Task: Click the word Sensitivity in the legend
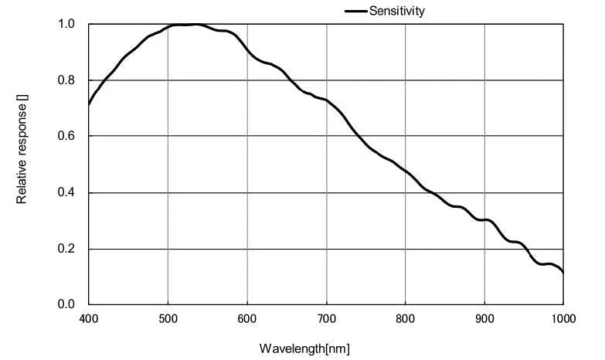(x=397, y=11)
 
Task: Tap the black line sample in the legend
(x=355, y=11)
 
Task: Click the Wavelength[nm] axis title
(x=304, y=348)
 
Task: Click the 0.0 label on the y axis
(x=66, y=304)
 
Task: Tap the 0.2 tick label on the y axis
(x=66, y=249)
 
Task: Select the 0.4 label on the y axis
(x=66, y=192)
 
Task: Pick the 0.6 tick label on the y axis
(x=66, y=136)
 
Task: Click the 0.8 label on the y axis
(x=66, y=80)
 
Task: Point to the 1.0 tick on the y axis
(x=66, y=24)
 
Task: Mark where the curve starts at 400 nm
(x=89, y=104)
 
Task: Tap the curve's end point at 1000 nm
(x=563, y=273)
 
